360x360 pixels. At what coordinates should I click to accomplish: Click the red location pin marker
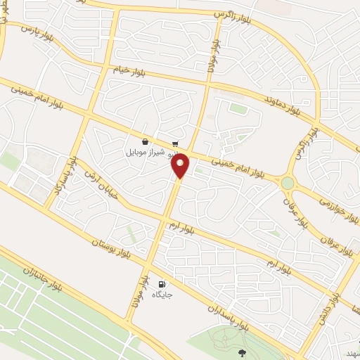click(x=181, y=165)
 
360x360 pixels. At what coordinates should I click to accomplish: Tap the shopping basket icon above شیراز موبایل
click(x=145, y=141)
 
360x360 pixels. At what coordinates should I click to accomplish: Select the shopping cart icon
click(x=174, y=143)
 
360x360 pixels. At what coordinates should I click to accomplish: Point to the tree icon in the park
click(x=243, y=353)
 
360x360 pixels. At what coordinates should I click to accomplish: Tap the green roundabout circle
click(x=288, y=183)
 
